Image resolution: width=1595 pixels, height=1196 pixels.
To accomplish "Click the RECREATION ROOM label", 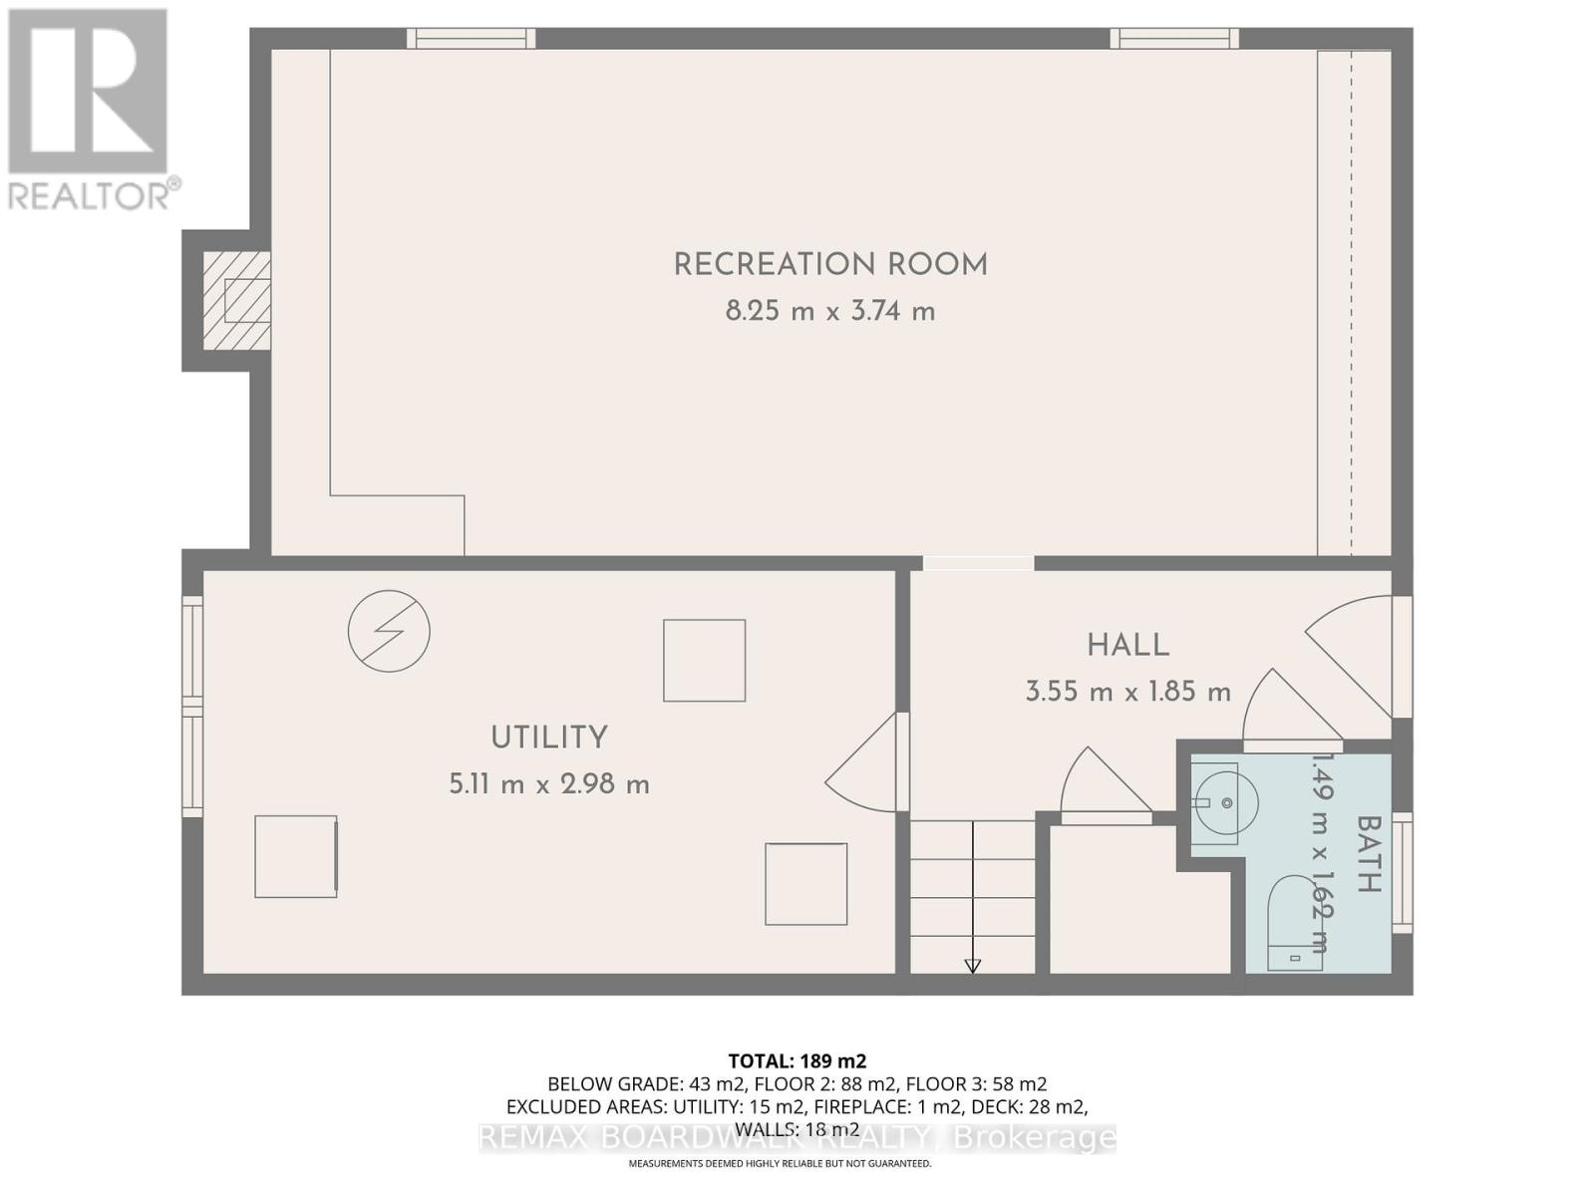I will (x=830, y=265).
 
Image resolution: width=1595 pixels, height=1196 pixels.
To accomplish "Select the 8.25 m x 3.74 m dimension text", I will (x=830, y=312).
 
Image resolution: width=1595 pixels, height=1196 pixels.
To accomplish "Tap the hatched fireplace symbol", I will (x=237, y=300).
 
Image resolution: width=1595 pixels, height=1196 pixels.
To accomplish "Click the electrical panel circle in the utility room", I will (x=389, y=631).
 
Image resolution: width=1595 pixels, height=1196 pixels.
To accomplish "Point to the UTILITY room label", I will (x=549, y=738).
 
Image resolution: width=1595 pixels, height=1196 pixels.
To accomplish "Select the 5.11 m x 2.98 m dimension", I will (x=549, y=784).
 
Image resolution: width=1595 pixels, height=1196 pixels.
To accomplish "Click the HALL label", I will (x=1127, y=645).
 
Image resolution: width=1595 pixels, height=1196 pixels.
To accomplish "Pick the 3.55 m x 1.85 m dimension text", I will (x=1127, y=692).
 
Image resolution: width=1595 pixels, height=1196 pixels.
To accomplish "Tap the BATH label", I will (x=1368, y=853).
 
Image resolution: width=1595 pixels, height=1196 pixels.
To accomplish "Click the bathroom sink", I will (x=1222, y=802).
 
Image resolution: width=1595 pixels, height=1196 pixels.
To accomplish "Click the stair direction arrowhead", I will (x=972, y=965).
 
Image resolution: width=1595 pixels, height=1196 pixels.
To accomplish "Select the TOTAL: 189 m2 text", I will (x=797, y=1060).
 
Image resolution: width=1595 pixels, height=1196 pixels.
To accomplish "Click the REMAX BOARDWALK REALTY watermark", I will (x=797, y=1137).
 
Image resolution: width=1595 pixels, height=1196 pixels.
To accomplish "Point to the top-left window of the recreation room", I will (x=471, y=38).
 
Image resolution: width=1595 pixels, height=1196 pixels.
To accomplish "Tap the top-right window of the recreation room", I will (x=1174, y=38).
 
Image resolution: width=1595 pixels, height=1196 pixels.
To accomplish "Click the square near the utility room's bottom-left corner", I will (x=295, y=856).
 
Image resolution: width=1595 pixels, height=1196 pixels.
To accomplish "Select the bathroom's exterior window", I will (x=1403, y=872).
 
